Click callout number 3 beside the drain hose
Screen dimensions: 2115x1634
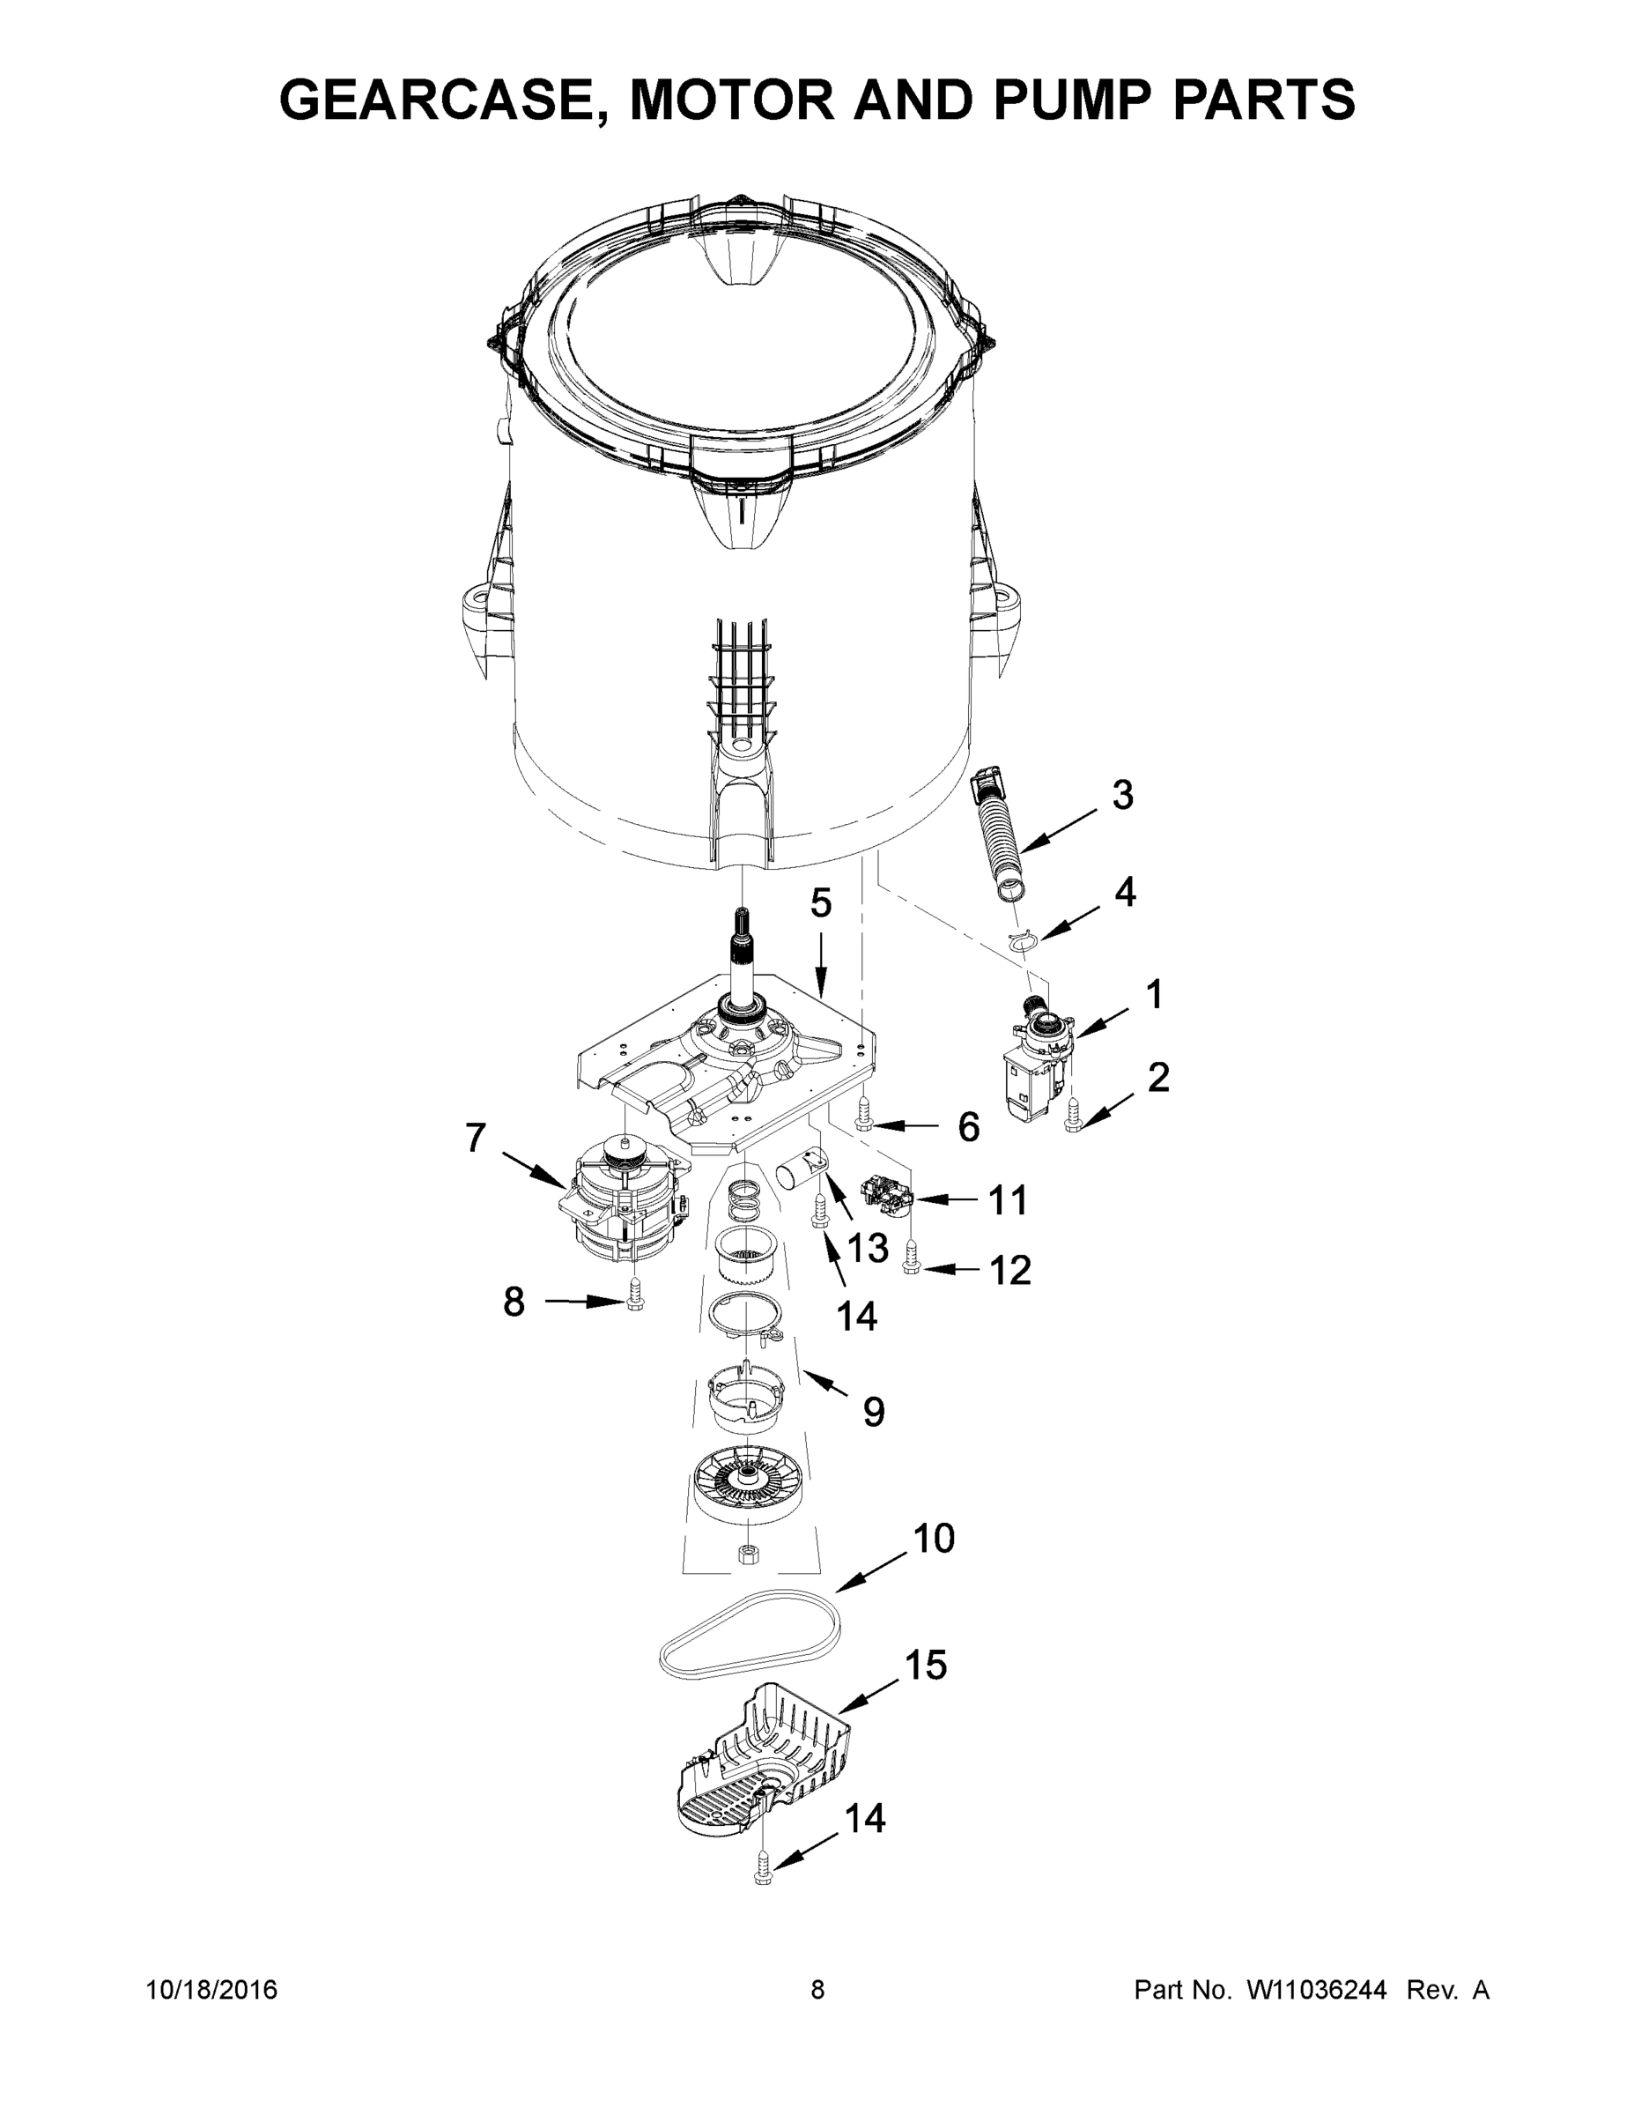1122,795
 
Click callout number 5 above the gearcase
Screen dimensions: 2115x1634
820,903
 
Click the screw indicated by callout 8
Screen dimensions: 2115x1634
635,1295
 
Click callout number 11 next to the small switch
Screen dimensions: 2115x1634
1007,1201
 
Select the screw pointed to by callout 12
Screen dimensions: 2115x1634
911,1260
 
